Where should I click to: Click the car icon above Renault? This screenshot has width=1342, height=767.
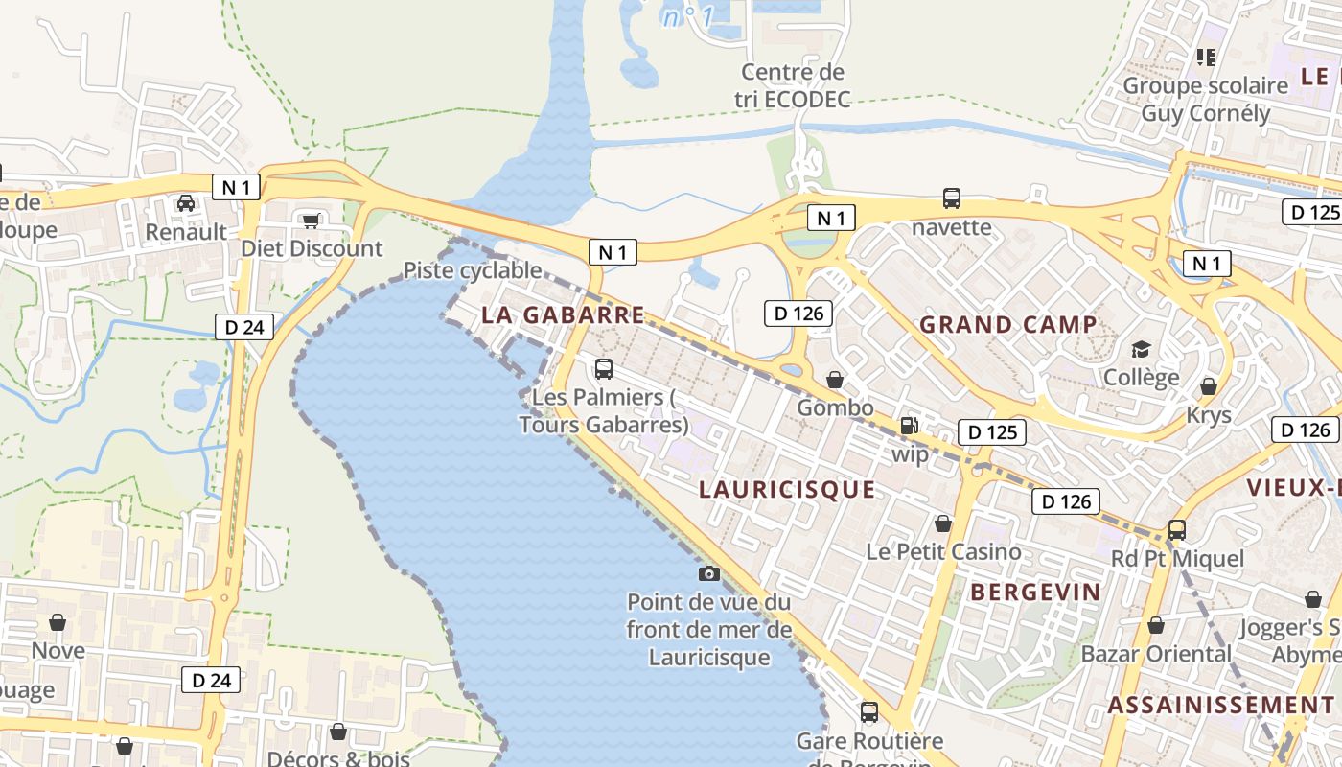pyautogui.click(x=186, y=203)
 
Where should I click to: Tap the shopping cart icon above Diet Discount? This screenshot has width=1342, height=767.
pyautogui.click(x=311, y=221)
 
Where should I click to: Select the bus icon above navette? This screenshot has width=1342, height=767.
pyautogui.click(x=951, y=198)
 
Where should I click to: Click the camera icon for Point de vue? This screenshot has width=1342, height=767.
pyautogui.click(x=709, y=573)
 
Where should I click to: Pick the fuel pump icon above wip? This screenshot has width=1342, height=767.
pyautogui.click(x=909, y=425)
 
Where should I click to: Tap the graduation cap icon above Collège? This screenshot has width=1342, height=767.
pyautogui.click(x=1141, y=349)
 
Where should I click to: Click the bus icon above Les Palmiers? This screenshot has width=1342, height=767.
pyautogui.click(x=604, y=368)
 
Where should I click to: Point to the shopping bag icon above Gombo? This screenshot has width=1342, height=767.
pyautogui.click(x=835, y=380)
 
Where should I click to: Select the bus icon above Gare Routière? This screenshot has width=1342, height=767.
pyautogui.click(x=869, y=712)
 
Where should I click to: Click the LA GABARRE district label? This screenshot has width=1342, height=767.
pyautogui.click(x=563, y=314)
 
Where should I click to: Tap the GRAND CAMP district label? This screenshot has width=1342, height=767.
pyautogui.click(x=1008, y=324)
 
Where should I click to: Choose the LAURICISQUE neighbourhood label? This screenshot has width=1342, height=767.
pyautogui.click(x=787, y=490)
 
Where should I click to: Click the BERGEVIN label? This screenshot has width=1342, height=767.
pyautogui.click(x=1035, y=592)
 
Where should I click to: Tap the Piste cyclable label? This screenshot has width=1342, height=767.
pyautogui.click(x=473, y=270)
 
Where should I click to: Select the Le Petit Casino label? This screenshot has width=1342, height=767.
pyautogui.click(x=943, y=551)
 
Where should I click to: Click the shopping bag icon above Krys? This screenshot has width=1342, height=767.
pyautogui.click(x=1208, y=386)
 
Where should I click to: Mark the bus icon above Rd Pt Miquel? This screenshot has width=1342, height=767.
pyautogui.click(x=1176, y=529)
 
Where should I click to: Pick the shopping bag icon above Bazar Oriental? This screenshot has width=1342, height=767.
pyautogui.click(x=1156, y=625)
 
